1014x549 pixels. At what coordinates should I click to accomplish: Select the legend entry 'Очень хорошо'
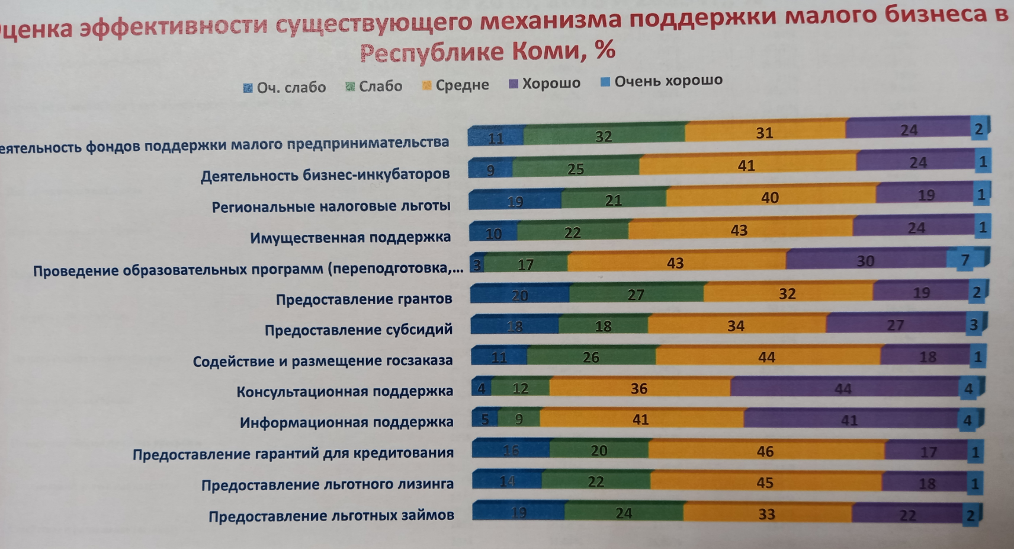point(662,81)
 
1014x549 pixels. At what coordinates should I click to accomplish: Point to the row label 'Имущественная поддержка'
point(350,238)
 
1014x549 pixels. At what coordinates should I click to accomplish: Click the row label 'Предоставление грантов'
point(364,299)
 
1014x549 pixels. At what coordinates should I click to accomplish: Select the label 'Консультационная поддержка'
point(345,391)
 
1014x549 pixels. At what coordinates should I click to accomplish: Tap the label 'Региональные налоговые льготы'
point(331,206)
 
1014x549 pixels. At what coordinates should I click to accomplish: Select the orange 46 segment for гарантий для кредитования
point(765,451)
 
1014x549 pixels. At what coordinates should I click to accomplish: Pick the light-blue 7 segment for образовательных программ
point(965,260)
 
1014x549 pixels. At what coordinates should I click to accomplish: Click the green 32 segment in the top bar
point(604,136)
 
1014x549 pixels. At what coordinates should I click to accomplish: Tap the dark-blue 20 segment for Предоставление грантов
point(519,295)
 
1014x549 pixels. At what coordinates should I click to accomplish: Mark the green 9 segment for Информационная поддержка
point(519,419)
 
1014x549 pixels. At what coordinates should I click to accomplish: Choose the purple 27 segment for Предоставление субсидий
point(895,324)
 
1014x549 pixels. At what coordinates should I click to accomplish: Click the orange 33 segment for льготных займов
point(767,513)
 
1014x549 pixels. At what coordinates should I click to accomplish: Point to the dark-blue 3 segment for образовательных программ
point(477,264)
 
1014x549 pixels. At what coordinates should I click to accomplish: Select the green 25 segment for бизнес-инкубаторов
point(575,168)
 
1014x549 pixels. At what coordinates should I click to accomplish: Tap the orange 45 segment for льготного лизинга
point(765,482)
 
